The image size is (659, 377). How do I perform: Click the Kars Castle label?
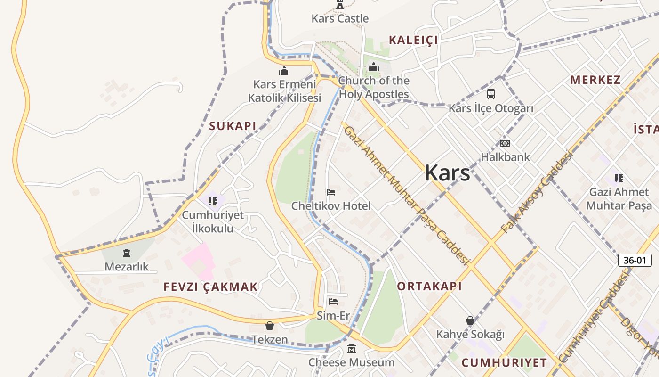pos(340,18)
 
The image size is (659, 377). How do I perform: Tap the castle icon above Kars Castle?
pos(340,5)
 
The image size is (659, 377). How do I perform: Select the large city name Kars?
pos(447,173)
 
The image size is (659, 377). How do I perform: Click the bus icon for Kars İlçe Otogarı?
pos(490,94)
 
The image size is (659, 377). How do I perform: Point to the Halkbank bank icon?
pos(505,143)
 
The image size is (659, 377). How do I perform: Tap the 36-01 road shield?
pos(635,260)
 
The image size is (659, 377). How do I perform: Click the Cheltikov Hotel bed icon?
pos(331,192)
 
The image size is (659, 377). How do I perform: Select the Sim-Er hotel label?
pos(333,315)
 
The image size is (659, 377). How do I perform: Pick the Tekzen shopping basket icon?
pos(270,326)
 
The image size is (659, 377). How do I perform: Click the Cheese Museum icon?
pos(352,349)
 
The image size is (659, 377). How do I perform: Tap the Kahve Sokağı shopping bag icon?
pos(470,321)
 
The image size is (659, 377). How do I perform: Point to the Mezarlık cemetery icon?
pos(126,254)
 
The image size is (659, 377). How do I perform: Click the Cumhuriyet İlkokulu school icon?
pos(213,201)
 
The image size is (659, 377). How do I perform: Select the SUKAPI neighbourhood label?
pos(233,126)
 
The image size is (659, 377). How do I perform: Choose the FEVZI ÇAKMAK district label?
pos(210,287)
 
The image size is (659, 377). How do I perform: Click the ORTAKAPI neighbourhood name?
pos(429,286)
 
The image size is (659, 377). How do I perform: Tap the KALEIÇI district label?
pos(413,40)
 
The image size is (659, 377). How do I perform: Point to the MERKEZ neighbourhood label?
pos(595,80)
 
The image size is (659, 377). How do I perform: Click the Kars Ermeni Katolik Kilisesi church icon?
pos(284,71)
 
